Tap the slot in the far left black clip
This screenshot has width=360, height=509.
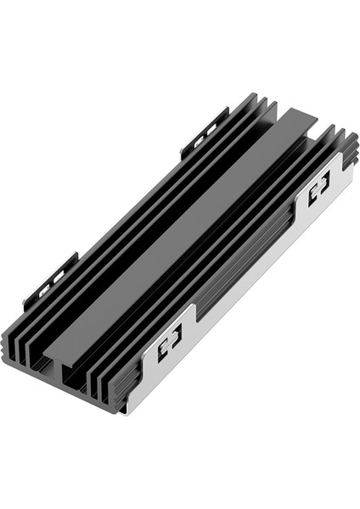pos(204,137)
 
